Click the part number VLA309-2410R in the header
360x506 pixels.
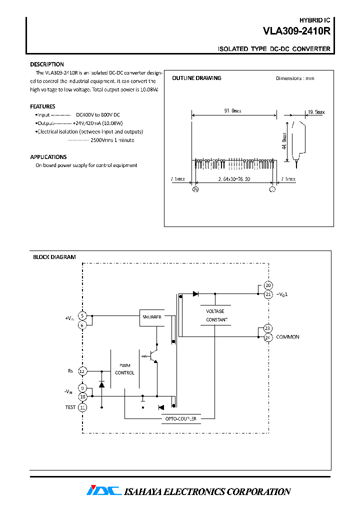tap(296, 31)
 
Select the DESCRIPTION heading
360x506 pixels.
tap(47, 64)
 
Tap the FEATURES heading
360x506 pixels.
tap(42, 106)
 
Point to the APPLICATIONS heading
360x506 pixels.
tap(48, 157)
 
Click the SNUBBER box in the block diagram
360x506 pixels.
tap(151, 317)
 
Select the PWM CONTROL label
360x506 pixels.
tap(124, 369)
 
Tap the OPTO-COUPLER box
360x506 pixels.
tap(180, 418)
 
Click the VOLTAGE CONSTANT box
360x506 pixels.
tap(216, 315)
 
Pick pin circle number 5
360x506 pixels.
tap(83, 316)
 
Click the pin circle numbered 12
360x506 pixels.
tap(83, 371)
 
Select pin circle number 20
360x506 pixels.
tap(268, 285)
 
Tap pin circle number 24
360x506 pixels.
tap(268, 337)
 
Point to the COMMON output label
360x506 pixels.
tap(287, 337)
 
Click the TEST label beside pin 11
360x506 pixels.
tap(70, 407)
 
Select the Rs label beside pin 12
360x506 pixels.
tap(70, 371)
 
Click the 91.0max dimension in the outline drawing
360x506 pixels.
tap(233, 111)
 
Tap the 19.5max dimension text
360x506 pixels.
tap(316, 112)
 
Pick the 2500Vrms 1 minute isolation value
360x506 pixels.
tap(112, 140)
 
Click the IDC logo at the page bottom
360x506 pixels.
tap(103, 490)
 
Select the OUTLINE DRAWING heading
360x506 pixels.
tap(196, 78)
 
